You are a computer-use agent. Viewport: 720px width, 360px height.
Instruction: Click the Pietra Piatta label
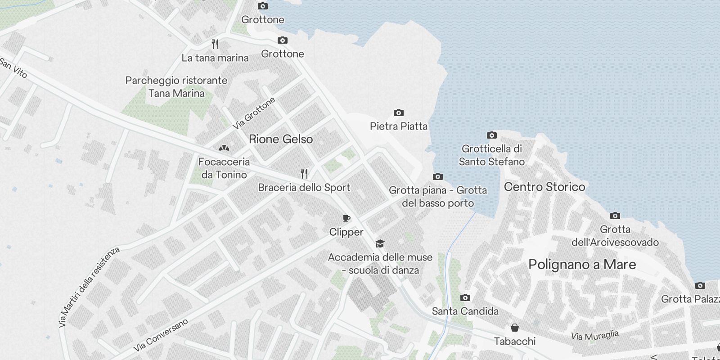pos(398,126)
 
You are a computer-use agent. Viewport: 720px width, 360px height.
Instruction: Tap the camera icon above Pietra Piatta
pos(398,112)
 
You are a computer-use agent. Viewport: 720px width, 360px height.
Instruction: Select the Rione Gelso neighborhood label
pos(281,139)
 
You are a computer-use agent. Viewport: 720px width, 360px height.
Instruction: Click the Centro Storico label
pos(544,187)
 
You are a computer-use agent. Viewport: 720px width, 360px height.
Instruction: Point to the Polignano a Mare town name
pos(582,264)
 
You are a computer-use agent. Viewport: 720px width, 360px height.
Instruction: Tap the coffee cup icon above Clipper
pos(346,219)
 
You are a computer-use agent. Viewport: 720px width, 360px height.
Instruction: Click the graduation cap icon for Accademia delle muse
pos(380,244)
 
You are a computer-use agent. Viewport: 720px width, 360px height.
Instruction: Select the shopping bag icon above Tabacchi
pos(514,328)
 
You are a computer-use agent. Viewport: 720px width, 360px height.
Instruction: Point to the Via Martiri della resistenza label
pos(89,287)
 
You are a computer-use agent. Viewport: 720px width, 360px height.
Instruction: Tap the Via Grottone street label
pos(254,113)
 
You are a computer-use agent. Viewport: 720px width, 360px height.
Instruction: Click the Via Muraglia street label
pos(594,335)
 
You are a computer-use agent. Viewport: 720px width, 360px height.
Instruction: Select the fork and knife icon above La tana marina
pos(215,44)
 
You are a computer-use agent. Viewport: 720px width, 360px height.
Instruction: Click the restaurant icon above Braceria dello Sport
pos(304,174)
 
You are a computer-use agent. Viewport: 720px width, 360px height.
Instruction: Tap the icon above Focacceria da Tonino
pos(224,148)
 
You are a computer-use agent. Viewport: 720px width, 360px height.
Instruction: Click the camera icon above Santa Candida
pos(465,297)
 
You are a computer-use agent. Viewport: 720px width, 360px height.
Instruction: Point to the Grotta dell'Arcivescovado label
pos(615,236)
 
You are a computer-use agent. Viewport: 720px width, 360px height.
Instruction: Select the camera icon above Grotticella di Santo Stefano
pos(492,135)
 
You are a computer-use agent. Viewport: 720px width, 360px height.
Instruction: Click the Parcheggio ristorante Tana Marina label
pos(176,87)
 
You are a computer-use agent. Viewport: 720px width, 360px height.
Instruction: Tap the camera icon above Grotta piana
pos(437,177)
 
